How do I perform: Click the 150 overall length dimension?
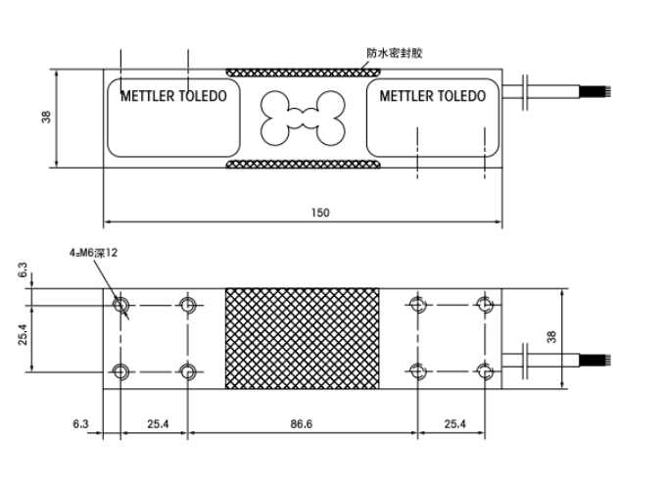tap(320, 212)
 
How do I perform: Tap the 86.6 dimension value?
tap(301, 424)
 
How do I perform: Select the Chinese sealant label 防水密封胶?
tap(395, 53)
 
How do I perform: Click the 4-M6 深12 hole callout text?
tap(93, 253)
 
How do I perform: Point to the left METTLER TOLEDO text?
tap(173, 96)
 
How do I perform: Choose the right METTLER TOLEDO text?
tap(433, 96)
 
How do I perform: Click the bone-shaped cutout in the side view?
tap(303, 118)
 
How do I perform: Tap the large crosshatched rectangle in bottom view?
tap(302, 338)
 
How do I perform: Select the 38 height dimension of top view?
tap(46, 117)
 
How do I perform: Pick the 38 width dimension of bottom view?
tap(551, 337)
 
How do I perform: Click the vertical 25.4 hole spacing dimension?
tap(23, 334)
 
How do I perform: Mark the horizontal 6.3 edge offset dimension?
tap(80, 424)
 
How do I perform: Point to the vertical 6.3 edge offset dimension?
tap(23, 269)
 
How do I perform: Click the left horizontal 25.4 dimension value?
tap(158, 424)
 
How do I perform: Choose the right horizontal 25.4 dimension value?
tap(454, 424)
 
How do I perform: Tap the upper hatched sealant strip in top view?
tap(303, 73)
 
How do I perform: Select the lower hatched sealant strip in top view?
tap(303, 165)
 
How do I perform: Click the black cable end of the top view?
tap(595, 91)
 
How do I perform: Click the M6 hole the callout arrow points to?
tap(120, 305)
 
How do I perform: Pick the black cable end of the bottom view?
tap(595, 361)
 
